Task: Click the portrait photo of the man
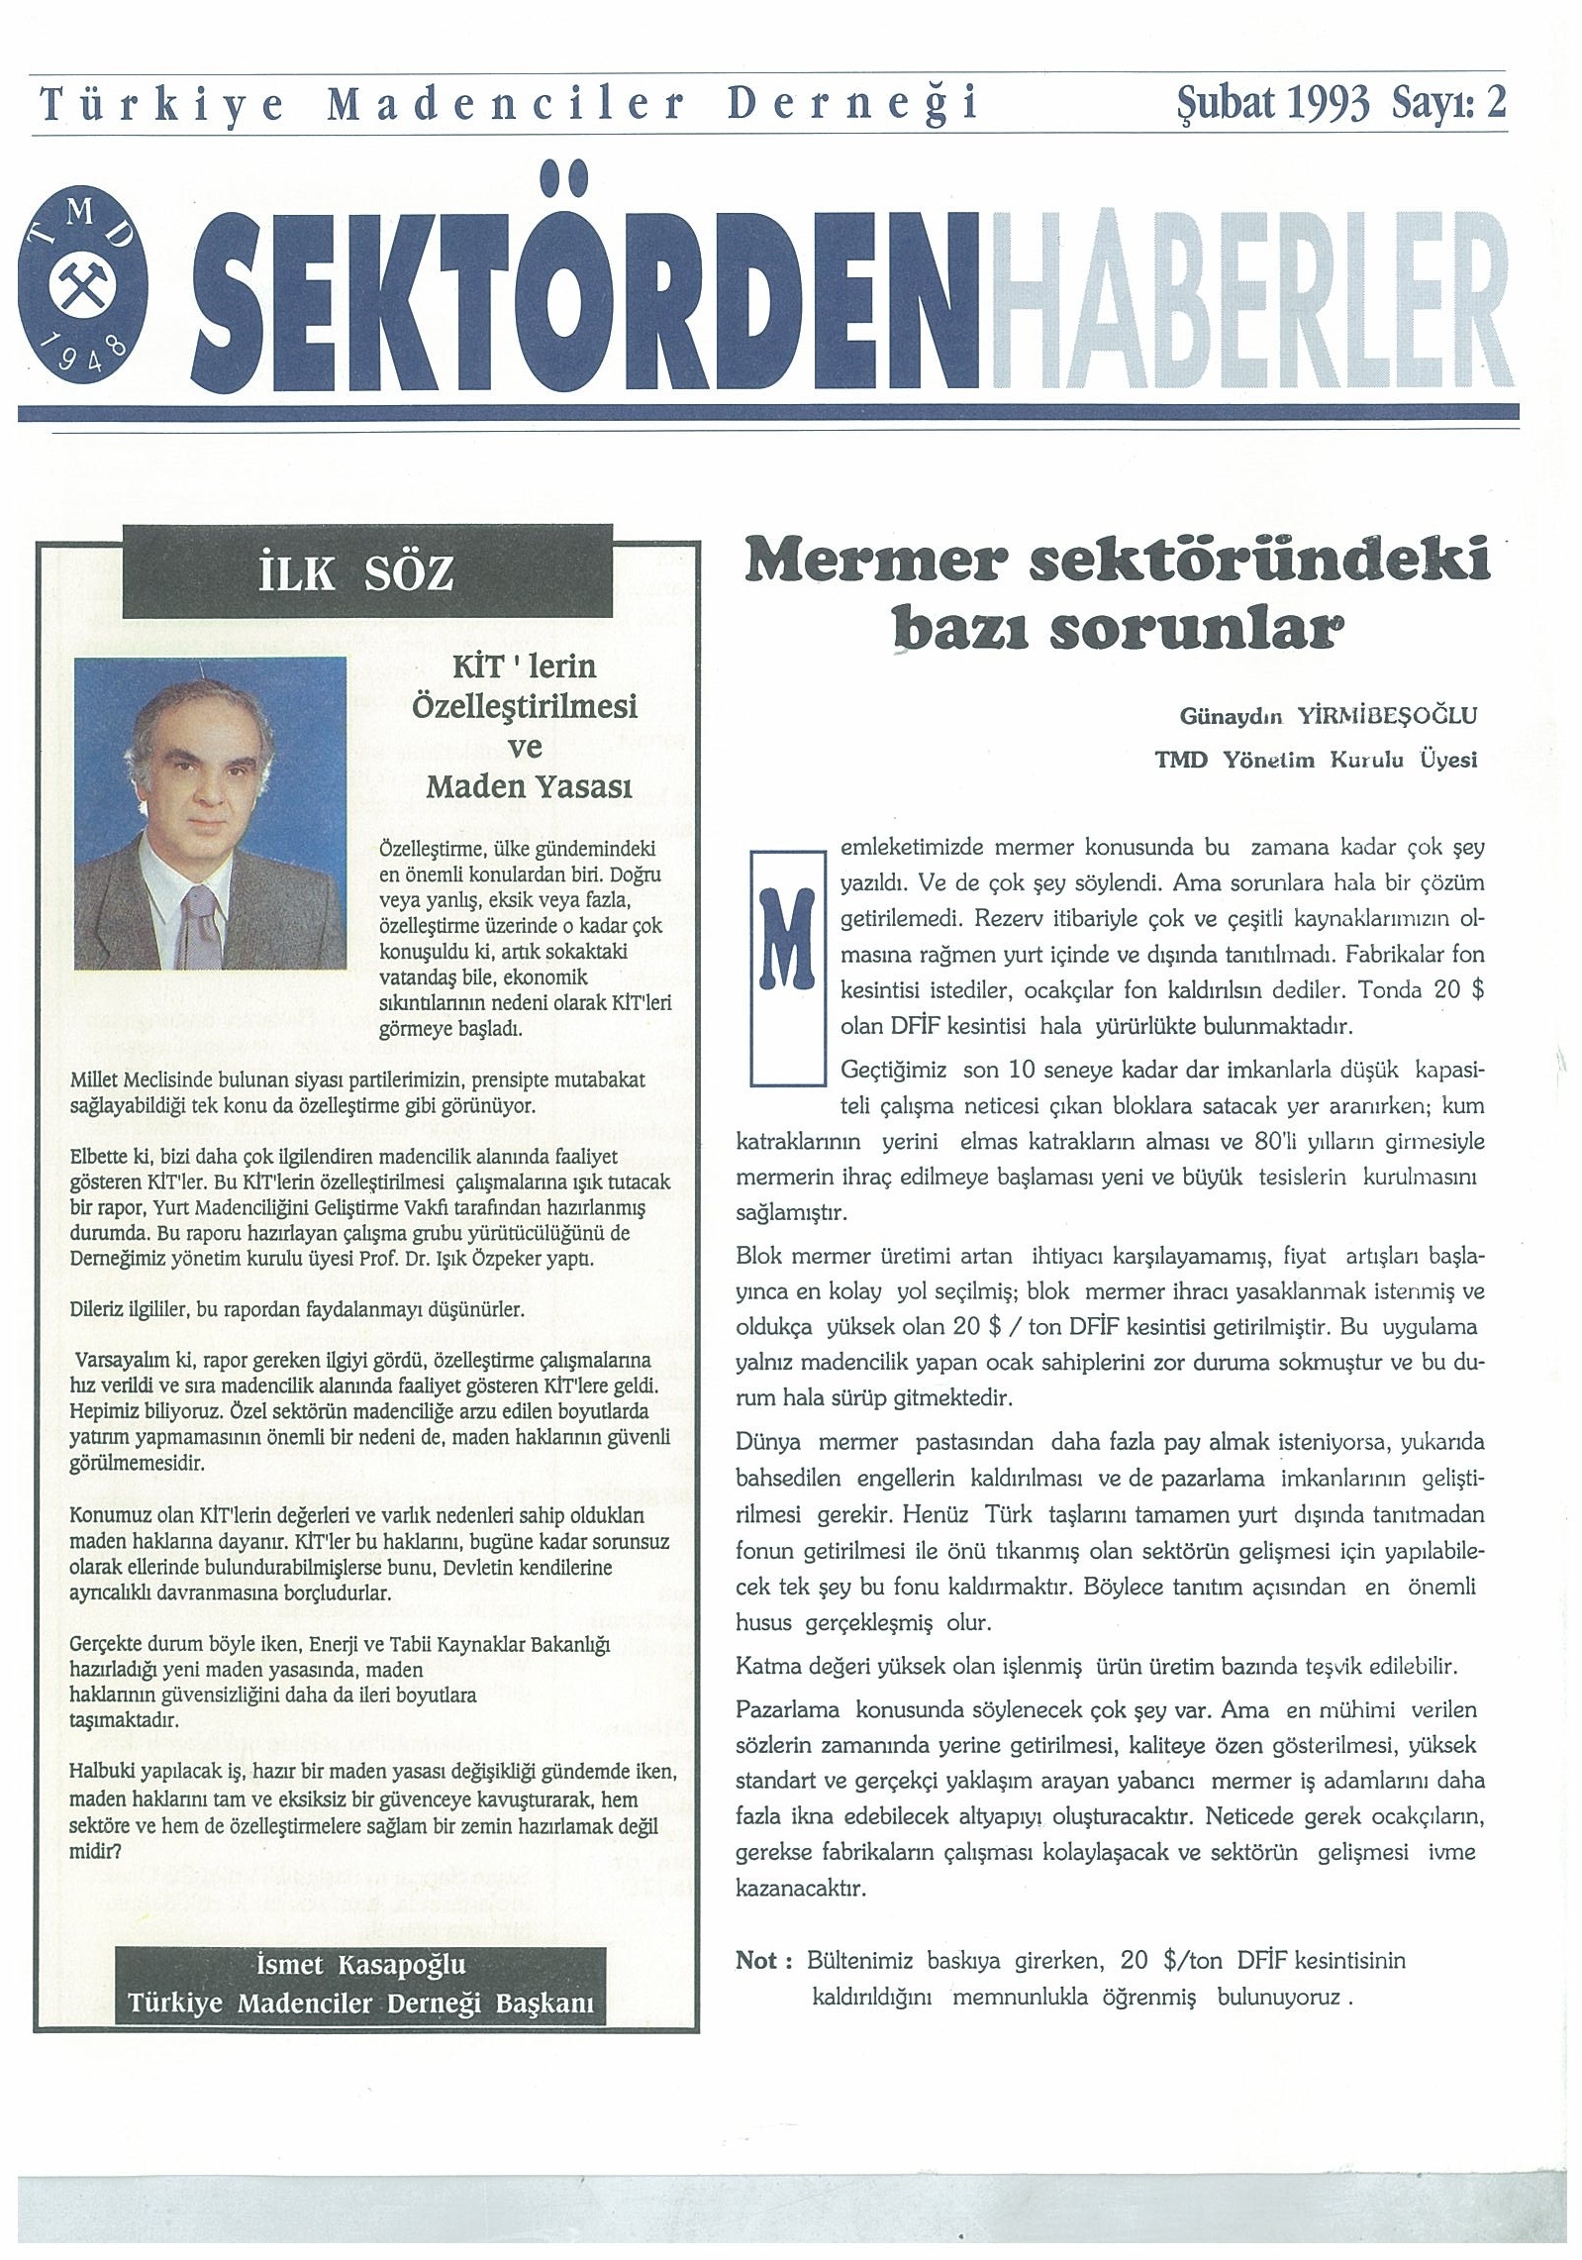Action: (x=211, y=812)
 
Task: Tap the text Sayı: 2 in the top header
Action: (x=1449, y=103)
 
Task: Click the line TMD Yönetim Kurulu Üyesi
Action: (x=1316, y=761)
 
